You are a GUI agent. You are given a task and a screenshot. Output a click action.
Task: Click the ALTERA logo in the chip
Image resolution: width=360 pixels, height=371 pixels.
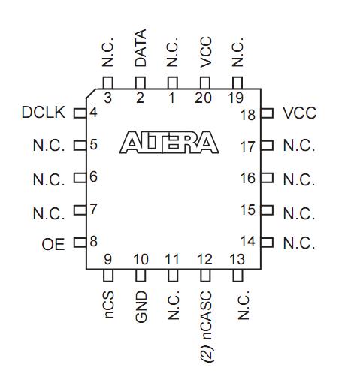[x=169, y=143]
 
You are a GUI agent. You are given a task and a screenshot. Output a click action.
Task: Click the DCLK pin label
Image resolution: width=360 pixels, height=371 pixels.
[x=44, y=113]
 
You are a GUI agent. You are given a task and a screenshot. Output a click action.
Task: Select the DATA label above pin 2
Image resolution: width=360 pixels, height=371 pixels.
[x=140, y=48]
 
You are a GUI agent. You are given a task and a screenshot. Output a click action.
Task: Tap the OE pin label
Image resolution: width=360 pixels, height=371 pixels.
[x=53, y=244]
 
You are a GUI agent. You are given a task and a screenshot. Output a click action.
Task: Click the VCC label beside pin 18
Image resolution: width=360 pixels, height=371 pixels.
[x=299, y=113]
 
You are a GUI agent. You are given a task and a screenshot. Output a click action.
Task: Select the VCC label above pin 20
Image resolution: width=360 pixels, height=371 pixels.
[x=206, y=50]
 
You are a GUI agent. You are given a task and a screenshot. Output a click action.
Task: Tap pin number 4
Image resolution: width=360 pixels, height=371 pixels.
[x=93, y=113]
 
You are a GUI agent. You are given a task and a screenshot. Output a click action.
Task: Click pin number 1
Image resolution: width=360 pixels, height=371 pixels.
[x=172, y=98]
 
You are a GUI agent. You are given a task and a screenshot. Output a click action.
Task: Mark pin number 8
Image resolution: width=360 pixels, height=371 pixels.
[x=93, y=243]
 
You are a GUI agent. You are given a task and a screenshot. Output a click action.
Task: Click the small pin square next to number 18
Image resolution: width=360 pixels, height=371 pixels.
[x=265, y=114]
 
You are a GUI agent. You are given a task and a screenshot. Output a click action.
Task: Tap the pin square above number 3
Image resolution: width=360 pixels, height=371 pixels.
[x=107, y=81]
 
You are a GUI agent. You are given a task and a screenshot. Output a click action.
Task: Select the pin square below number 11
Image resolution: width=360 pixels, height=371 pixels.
[x=173, y=276]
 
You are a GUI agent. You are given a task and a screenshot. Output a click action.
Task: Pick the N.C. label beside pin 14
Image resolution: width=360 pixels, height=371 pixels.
[x=298, y=243]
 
